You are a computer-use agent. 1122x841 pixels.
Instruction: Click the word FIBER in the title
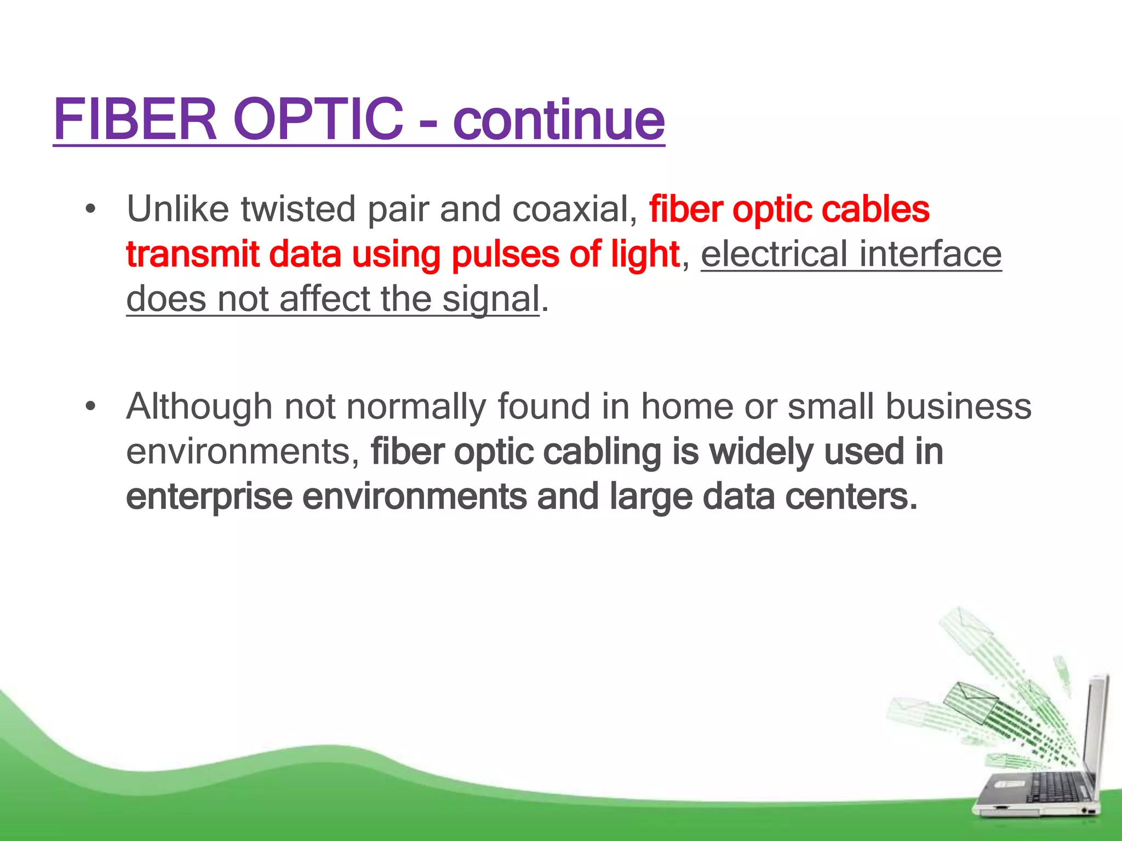(x=135, y=119)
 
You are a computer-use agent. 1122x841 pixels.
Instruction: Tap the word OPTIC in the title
(x=318, y=119)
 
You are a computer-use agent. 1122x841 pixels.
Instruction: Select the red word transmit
(x=192, y=255)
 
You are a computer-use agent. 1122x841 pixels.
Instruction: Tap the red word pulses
(x=505, y=255)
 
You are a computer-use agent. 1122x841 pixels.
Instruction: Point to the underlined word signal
(x=491, y=300)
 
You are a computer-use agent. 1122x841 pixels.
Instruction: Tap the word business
(x=958, y=407)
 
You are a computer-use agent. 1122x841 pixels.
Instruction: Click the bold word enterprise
(x=209, y=497)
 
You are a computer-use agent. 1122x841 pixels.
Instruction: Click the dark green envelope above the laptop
(x=970, y=701)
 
